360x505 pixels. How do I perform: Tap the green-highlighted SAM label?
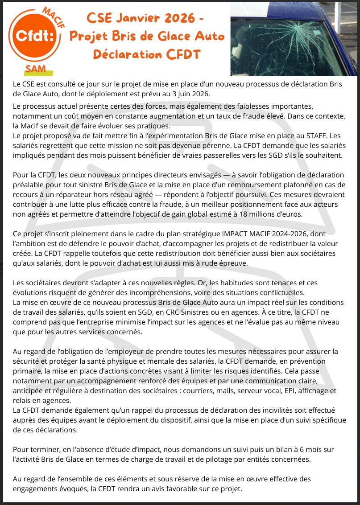pyautogui.click(x=39, y=68)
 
